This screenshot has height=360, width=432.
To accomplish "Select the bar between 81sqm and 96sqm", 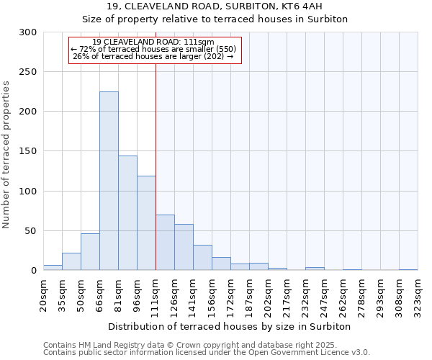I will pyautogui.click(x=127, y=213).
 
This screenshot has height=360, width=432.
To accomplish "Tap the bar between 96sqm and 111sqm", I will pyautogui.click(x=146, y=223).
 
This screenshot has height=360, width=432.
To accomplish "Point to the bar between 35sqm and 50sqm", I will pyautogui.click(x=71, y=262).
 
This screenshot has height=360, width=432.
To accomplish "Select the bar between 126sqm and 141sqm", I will pyautogui.click(x=184, y=247).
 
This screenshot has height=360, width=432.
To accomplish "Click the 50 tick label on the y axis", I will pyautogui.click(x=30, y=231).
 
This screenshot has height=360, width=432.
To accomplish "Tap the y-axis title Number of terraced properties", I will pyautogui.click(x=7, y=155).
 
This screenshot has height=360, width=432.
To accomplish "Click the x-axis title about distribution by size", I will pyautogui.click(x=229, y=327).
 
